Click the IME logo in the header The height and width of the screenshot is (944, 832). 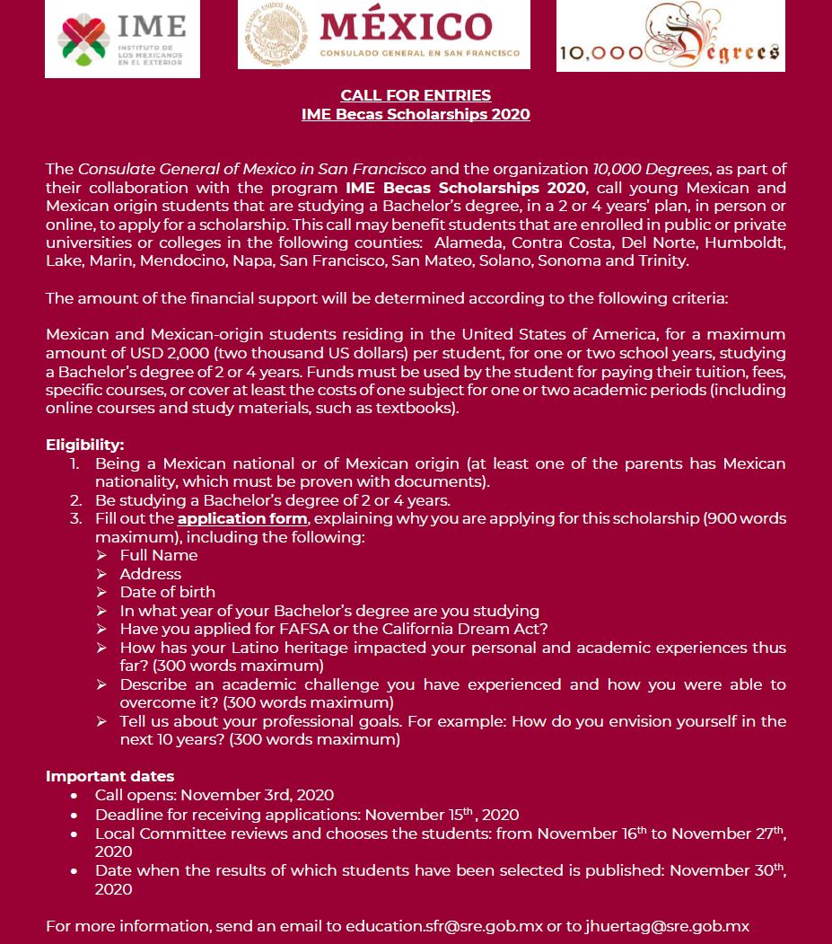coord(122,40)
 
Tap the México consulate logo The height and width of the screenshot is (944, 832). coord(383,35)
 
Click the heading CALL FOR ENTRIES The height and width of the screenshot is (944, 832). coord(416,95)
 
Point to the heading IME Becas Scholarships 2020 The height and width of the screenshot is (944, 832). coord(416,114)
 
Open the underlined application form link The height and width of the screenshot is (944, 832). coord(242,519)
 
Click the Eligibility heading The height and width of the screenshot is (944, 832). coord(84,446)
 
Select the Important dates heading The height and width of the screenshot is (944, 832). coord(109,776)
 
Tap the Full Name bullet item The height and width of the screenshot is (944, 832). coord(159,556)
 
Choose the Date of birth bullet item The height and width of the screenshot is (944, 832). coord(168,593)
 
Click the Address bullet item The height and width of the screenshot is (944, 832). coord(151,574)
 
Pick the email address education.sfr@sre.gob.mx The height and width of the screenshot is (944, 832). coord(444,926)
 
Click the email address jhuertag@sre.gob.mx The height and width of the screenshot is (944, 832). coord(669,926)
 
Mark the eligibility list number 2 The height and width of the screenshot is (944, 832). coord(76,500)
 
